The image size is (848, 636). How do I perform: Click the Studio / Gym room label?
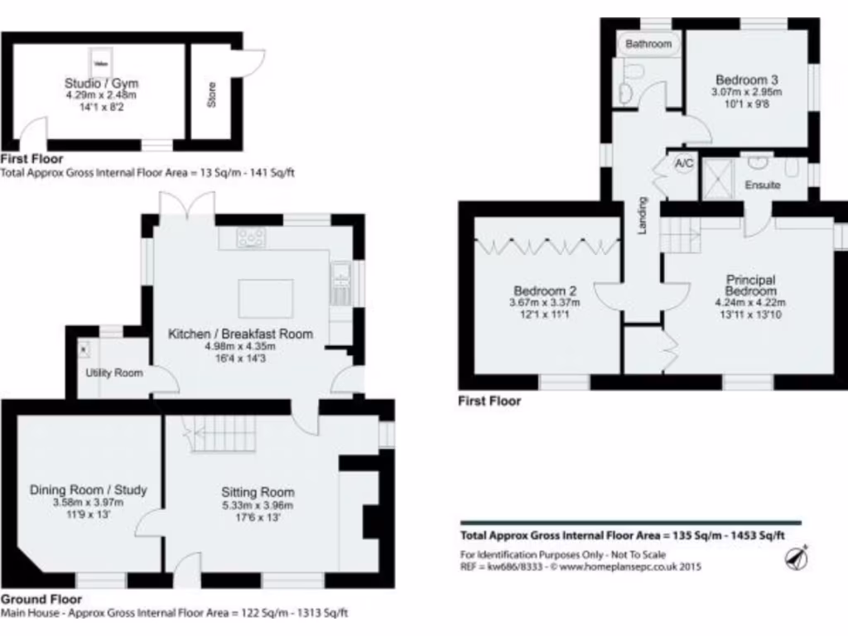102,83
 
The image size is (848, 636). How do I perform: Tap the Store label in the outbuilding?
212,97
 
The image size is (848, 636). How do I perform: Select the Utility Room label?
113,373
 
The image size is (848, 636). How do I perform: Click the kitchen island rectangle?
265,296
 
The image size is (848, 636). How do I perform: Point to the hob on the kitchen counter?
251,238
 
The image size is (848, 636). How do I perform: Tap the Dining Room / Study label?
88,489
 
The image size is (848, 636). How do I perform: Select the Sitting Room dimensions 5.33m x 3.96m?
258,505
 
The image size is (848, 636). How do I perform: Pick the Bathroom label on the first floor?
648,43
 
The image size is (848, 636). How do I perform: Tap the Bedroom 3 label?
747,79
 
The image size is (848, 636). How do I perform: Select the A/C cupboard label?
684,164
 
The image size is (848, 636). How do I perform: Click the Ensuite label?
762,185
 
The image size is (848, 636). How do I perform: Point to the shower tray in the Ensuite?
717,178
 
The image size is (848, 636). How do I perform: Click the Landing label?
642,215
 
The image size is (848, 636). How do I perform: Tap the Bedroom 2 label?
545,291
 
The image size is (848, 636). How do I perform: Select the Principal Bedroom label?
751,286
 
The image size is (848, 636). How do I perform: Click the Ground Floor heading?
41,599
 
